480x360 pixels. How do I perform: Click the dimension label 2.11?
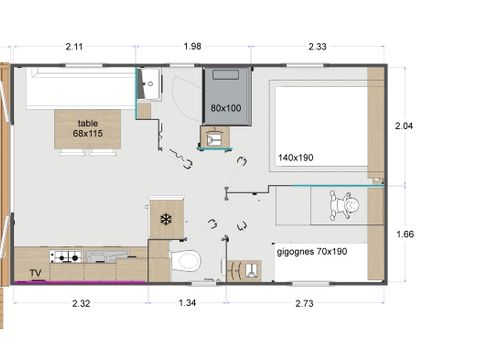74,45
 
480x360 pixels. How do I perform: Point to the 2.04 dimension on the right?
405,126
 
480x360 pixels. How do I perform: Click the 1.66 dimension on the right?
405,234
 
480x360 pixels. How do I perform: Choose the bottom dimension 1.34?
187,301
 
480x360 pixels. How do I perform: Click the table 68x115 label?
88,128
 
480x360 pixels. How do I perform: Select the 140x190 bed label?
296,158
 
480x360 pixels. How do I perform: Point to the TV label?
35,272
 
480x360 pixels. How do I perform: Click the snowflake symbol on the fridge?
166,219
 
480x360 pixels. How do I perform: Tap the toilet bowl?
185,261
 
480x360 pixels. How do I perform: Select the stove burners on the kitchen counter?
66,257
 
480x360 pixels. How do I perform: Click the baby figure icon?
346,207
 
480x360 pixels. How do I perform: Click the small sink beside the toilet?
238,269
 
